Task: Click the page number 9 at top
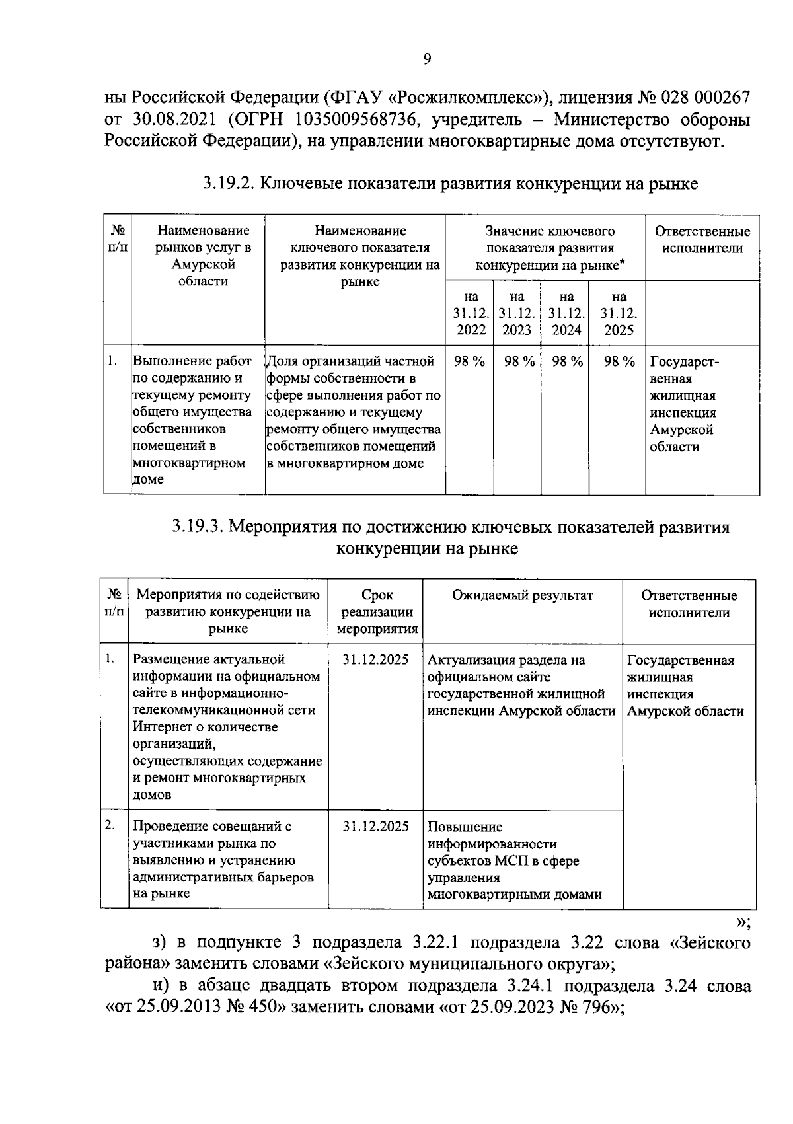[x=427, y=59]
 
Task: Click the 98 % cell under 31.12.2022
[x=470, y=361]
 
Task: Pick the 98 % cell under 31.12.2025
[x=619, y=361]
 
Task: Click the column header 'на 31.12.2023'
[x=517, y=313]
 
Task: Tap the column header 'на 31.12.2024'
[x=566, y=313]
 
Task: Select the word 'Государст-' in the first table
[x=685, y=362]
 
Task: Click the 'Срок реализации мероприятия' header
[x=377, y=611]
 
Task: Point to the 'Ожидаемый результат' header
[x=522, y=595]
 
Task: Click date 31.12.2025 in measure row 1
[x=376, y=659]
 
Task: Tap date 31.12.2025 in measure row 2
[x=376, y=826]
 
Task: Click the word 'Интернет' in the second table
[x=161, y=727]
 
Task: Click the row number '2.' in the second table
[x=111, y=825]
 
